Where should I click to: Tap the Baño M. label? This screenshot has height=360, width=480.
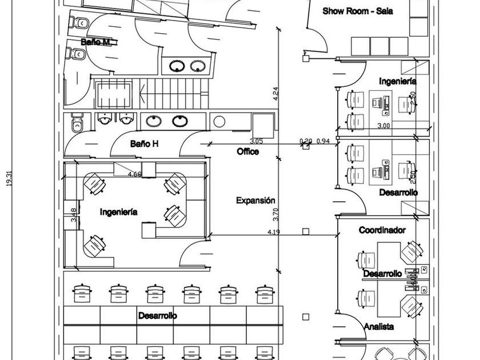click(x=95, y=42)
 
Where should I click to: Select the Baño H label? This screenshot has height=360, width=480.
click(x=143, y=144)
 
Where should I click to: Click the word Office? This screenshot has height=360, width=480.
click(x=247, y=151)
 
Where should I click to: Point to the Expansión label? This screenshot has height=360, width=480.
click(x=255, y=201)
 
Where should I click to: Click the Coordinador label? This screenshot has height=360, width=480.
click(x=382, y=230)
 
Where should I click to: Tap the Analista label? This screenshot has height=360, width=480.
click(x=379, y=326)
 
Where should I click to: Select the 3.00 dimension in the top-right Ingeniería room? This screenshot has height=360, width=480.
click(x=383, y=125)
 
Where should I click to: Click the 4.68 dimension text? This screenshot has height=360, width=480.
click(x=135, y=174)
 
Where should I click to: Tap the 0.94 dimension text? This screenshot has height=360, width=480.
click(x=323, y=141)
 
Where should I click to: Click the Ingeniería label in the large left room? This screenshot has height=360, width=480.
click(x=118, y=212)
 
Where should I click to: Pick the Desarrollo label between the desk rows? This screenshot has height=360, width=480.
click(x=157, y=315)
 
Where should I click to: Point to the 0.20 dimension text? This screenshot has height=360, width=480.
click(x=306, y=141)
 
